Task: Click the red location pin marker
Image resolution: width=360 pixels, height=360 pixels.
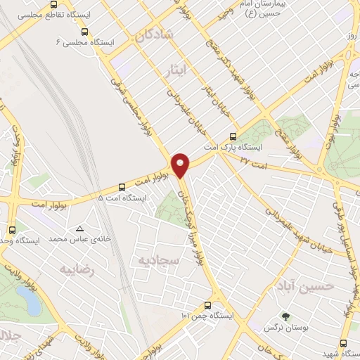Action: [x=181, y=165]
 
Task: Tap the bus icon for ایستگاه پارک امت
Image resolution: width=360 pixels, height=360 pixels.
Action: [x=233, y=138]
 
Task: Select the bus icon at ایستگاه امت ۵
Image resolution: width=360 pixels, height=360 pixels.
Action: [x=122, y=187]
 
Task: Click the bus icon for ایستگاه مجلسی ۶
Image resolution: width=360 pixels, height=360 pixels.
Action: [x=85, y=32]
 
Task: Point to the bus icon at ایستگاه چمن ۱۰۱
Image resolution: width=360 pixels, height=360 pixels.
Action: [x=207, y=305]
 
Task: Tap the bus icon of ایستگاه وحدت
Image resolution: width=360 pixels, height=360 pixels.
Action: [x=12, y=230]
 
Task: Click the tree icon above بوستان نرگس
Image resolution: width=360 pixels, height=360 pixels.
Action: [x=285, y=317]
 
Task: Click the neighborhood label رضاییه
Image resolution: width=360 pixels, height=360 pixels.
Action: [x=77, y=270]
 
